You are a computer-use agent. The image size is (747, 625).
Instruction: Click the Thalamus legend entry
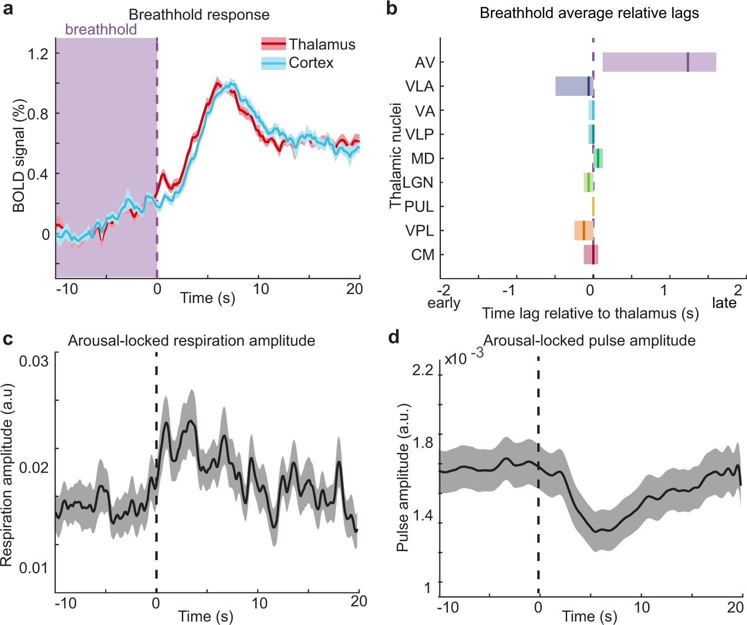tap(308, 44)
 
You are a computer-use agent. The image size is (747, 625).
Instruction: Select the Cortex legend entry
tap(298, 63)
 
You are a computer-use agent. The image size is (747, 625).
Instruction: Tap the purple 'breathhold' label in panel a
tap(101, 29)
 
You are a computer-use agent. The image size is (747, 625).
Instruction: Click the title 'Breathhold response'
tap(199, 14)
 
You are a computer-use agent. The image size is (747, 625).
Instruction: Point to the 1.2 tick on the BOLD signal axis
tap(38, 53)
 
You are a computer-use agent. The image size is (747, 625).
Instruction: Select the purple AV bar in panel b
tap(659, 62)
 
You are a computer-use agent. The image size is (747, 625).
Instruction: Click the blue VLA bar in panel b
tap(572, 86)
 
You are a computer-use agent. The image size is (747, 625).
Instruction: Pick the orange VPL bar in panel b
tap(583, 231)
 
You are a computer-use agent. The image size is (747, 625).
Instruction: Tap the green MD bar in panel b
tap(598, 158)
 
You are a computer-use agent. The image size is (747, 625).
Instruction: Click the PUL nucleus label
tap(419, 207)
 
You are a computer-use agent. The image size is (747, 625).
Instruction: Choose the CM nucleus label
tap(422, 255)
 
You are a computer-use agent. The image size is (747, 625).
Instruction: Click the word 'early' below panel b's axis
tap(443, 303)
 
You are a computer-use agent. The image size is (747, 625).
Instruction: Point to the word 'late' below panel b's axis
tap(724, 303)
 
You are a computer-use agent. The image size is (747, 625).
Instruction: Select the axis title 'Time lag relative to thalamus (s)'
tap(590, 313)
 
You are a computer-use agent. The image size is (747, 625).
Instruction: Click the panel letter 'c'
tap(7, 339)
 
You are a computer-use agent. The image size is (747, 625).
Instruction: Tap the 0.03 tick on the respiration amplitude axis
tap(34, 361)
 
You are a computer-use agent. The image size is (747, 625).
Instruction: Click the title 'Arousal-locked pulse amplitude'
tap(589, 340)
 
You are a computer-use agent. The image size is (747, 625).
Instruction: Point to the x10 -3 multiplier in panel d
tap(464, 357)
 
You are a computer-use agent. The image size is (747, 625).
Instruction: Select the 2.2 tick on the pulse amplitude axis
tap(423, 370)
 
